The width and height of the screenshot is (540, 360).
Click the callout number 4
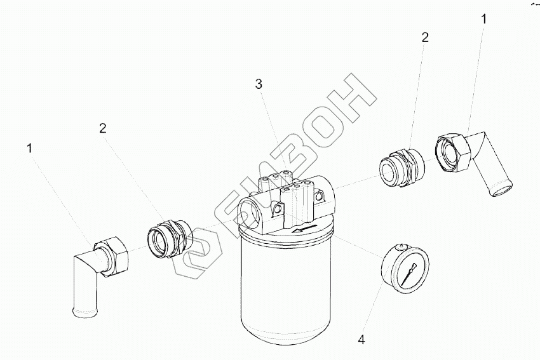click(361, 340)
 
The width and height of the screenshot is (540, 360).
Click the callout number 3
click(259, 84)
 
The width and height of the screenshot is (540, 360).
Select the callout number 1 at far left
click(30, 149)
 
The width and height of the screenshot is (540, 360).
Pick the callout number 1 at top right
click(484, 19)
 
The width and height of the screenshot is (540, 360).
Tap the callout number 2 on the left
click(103, 129)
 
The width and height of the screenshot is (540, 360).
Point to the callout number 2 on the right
click(425, 37)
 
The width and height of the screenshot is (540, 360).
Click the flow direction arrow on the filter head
click(304, 229)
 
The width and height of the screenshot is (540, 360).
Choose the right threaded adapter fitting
click(402, 166)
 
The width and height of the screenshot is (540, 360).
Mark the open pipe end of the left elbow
click(85, 312)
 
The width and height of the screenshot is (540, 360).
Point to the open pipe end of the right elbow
click(501, 190)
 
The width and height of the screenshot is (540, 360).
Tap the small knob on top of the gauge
click(400, 247)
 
